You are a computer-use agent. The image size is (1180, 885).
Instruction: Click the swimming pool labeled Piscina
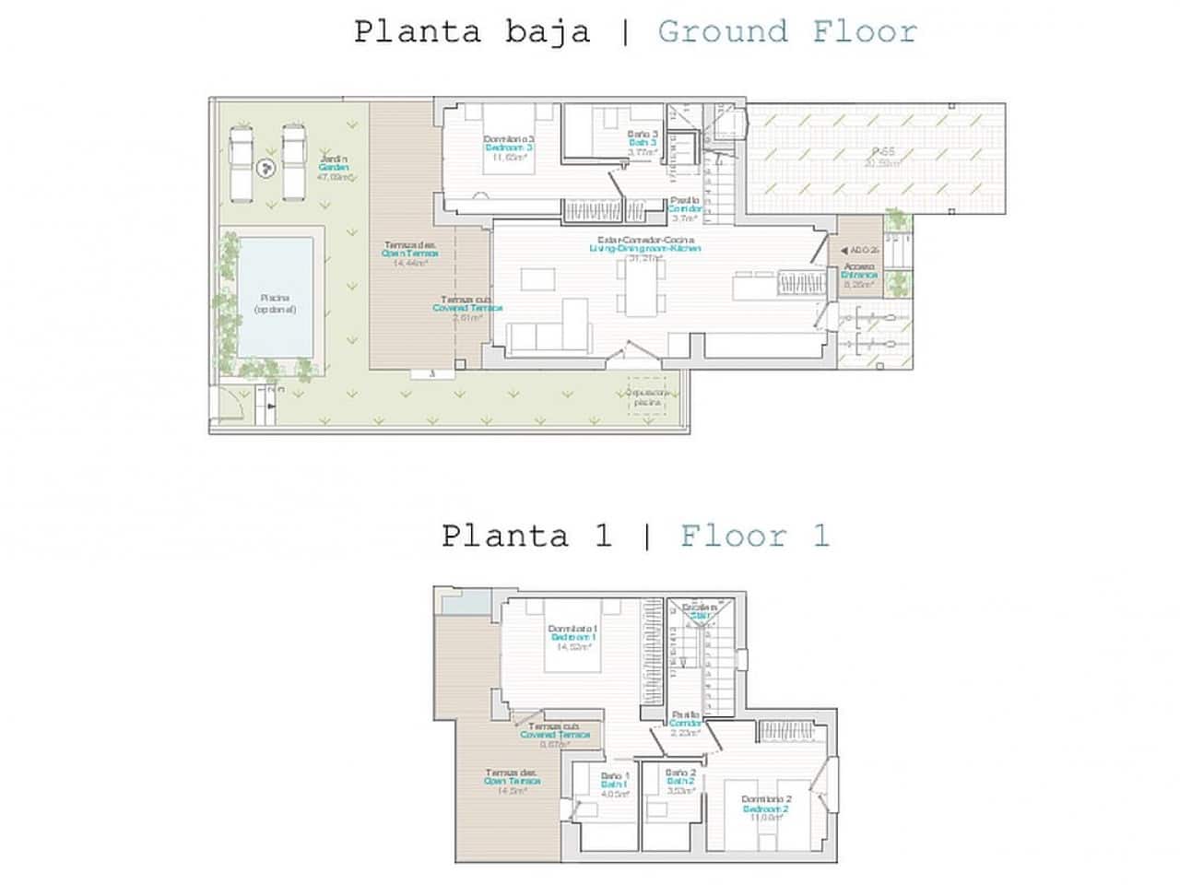click(275, 297)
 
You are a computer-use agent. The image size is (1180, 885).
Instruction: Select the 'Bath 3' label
click(643, 143)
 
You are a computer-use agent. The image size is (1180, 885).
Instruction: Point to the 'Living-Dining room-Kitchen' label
click(645, 249)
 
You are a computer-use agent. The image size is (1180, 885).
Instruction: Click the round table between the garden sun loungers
click(266, 168)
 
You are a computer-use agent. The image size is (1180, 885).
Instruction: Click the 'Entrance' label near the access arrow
click(859, 275)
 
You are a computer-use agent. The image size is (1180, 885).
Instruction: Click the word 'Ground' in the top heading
click(723, 31)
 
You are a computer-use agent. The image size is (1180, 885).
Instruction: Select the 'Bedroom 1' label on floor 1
click(573, 637)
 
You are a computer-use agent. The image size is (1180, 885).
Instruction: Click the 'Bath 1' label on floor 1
click(614, 785)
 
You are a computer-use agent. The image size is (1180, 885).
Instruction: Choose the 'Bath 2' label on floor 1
click(680, 781)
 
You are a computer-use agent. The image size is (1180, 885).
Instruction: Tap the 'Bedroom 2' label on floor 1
click(766, 809)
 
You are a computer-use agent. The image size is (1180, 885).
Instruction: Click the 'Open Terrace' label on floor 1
click(512, 781)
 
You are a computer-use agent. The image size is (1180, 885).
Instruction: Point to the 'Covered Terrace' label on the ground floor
click(467, 308)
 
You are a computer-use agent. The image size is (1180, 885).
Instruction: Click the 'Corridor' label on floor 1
click(686, 724)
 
